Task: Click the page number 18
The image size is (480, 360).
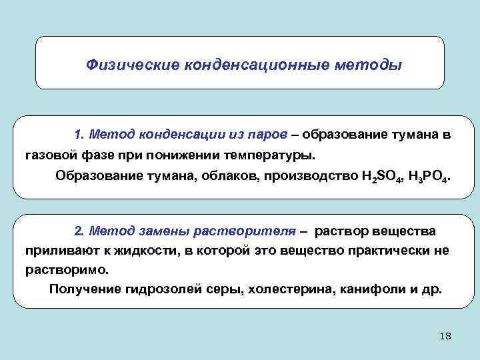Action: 445,336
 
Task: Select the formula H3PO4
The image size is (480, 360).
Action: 427,177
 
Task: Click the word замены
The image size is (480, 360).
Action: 166,231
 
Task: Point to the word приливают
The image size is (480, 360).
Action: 57,251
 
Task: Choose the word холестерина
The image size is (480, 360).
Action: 283,290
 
